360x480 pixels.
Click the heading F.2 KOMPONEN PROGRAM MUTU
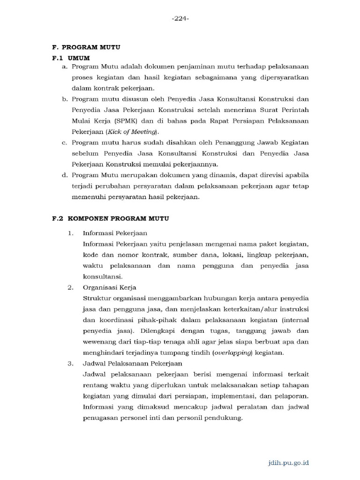click(x=110, y=218)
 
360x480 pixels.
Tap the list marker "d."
click(x=65, y=175)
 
